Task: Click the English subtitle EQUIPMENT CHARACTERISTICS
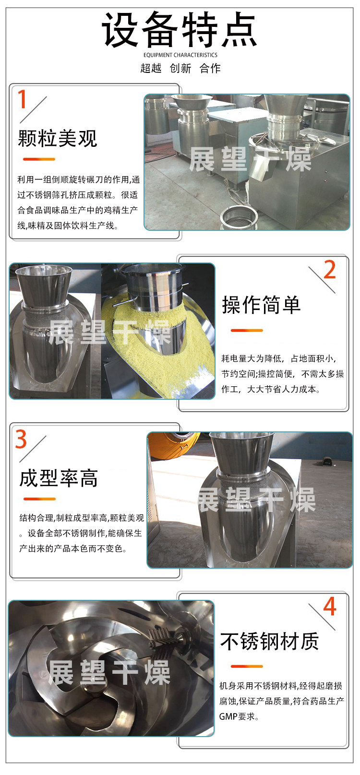click(180, 55)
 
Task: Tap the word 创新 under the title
click(180, 68)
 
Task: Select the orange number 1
click(22, 99)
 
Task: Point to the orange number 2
click(330, 270)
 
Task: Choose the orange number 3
click(21, 439)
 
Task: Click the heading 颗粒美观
click(58, 138)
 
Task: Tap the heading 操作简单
click(261, 305)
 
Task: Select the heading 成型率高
click(59, 478)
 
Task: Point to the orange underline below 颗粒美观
click(39, 159)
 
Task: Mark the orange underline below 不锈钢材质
click(247, 667)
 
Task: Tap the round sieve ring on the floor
click(238, 217)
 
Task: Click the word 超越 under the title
click(151, 68)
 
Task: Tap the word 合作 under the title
click(210, 68)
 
